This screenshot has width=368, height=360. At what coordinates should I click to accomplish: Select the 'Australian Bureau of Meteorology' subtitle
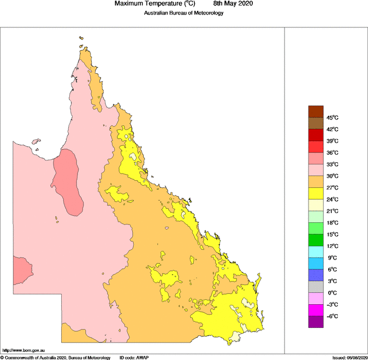pos(183,13)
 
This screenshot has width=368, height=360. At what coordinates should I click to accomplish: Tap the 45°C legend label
pos(333,118)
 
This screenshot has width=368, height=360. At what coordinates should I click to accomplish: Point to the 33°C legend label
pos(333,164)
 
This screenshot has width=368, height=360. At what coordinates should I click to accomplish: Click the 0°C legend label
pos(331,293)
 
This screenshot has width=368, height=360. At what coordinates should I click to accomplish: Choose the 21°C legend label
pos(333,211)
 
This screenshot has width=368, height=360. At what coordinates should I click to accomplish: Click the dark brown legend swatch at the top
pos(316,111)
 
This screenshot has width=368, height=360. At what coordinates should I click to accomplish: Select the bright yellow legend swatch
pos(316,193)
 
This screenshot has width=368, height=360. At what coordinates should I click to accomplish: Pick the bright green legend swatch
pos(316,228)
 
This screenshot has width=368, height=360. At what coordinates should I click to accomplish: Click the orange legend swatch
pos(316,181)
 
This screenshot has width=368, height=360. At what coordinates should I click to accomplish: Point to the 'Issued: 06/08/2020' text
pos(349,357)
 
